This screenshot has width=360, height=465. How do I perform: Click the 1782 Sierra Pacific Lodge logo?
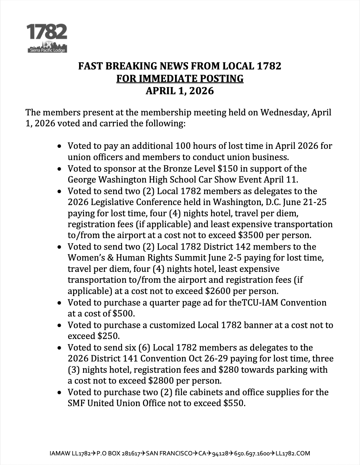[x=47, y=38]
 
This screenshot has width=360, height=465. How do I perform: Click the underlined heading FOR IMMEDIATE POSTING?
[x=180, y=79]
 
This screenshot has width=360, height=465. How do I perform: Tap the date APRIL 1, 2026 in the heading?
[x=180, y=91]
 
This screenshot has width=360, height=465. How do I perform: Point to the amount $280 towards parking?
[x=229, y=369]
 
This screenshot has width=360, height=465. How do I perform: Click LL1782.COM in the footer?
[x=293, y=453]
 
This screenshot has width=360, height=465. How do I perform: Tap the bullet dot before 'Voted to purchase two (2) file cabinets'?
[x=59, y=393]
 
